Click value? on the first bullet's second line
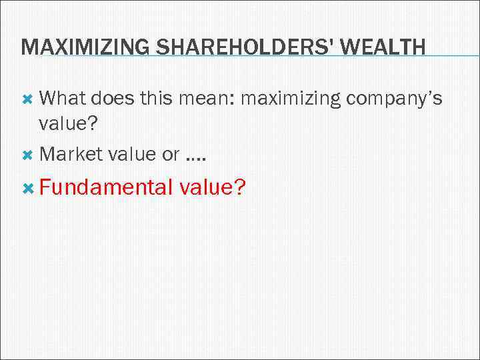click(70, 123)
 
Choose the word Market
click(69, 154)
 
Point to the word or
click(171, 155)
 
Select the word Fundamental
click(105, 188)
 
